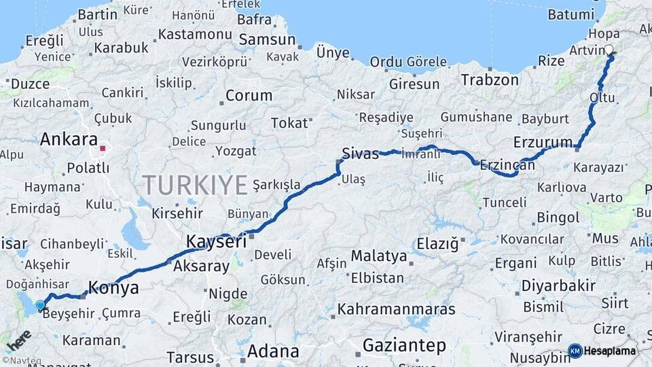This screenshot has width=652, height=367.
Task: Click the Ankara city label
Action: click(x=68, y=140)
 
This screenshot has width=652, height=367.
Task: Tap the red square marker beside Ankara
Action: click(x=103, y=147)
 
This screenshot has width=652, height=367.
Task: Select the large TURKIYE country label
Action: click(x=194, y=184)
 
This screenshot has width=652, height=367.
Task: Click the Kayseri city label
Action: click(x=216, y=241)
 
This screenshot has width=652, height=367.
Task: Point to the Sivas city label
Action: click(x=360, y=154)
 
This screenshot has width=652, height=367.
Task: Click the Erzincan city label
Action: click(x=507, y=164)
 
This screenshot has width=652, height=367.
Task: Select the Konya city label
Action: click(x=113, y=288)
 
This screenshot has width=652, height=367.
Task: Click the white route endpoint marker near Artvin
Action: click(x=609, y=50)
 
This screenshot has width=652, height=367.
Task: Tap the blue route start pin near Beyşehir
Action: click(x=41, y=306)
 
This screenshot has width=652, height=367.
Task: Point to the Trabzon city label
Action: click(x=489, y=80)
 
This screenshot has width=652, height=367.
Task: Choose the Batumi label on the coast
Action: click(x=570, y=14)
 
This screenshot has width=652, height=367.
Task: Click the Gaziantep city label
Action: click(x=404, y=345)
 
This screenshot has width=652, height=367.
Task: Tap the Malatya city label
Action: click(x=378, y=257)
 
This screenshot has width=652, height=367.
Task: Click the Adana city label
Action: click(x=273, y=351)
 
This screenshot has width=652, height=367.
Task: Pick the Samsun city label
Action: click(x=267, y=40)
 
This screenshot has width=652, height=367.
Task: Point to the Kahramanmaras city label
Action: click(x=396, y=309)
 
